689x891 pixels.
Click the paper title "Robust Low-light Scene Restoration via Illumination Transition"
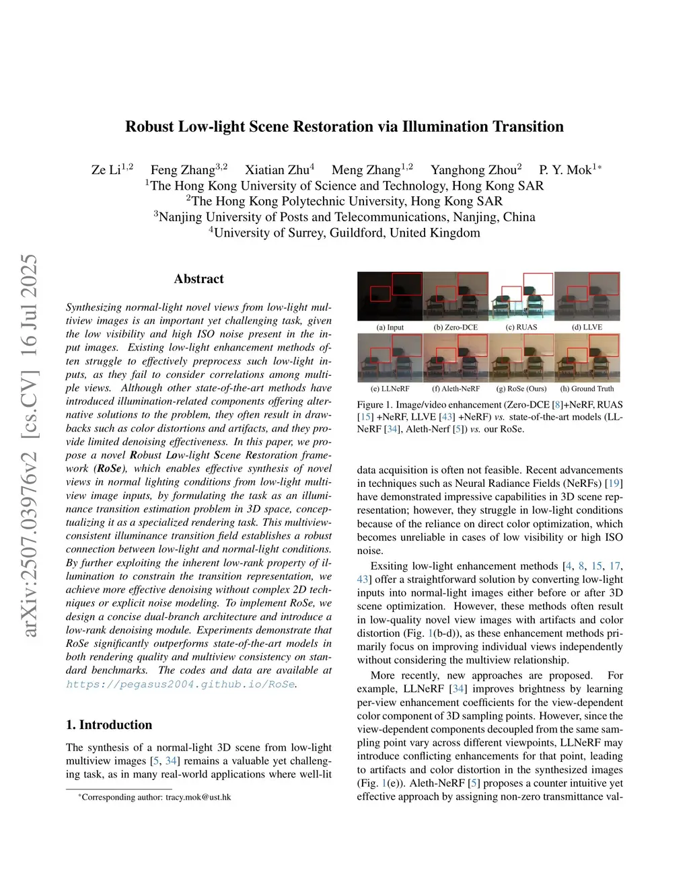point(344,126)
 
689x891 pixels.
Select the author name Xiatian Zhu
point(277,170)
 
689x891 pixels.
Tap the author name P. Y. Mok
point(566,170)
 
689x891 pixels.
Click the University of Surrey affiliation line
point(344,233)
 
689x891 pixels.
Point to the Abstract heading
point(198,279)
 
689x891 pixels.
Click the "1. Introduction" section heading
point(109,724)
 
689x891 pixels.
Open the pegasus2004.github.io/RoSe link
point(180,684)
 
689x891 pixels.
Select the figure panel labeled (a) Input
point(390,297)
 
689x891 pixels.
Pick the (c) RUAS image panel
point(521,297)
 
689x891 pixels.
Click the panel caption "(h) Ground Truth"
point(587,389)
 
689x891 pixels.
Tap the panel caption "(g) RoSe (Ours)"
point(521,389)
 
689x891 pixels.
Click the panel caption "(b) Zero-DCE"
point(456,327)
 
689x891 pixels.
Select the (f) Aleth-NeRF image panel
point(456,358)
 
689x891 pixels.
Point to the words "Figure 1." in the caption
point(370,405)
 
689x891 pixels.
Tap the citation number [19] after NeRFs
point(614,483)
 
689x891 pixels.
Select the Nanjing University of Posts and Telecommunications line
point(344,217)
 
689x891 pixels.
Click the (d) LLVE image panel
point(587,297)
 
